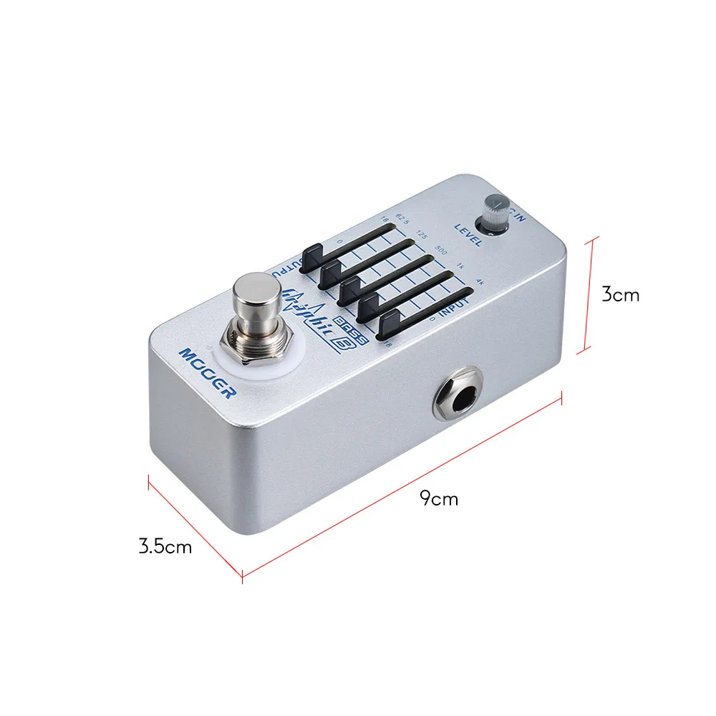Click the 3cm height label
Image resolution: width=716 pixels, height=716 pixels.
point(620,294)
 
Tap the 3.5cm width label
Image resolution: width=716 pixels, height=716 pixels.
point(165,547)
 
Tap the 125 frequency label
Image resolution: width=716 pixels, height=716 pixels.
point(422,233)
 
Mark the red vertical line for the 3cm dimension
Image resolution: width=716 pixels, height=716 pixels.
point(589,294)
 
